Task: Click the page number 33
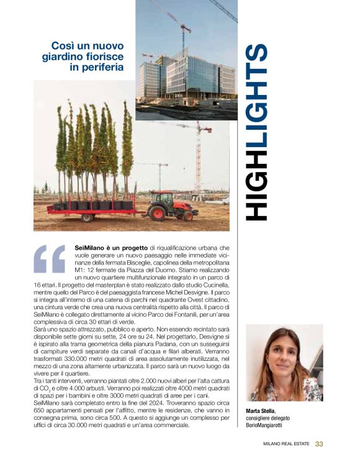tap(319, 443)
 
